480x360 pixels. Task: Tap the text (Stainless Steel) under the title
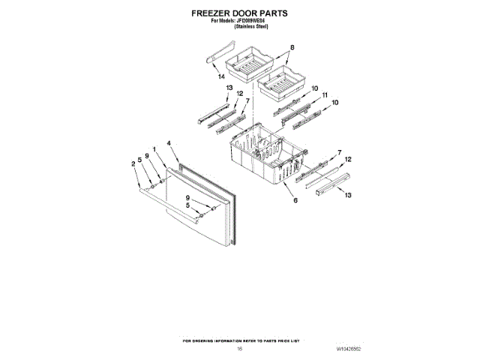tap(250, 26)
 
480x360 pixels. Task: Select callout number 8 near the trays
tap(292, 49)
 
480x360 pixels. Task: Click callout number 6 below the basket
tap(295, 200)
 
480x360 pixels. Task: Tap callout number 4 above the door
tap(169, 142)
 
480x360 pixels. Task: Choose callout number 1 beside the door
tap(154, 150)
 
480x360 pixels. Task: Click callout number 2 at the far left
tap(133, 164)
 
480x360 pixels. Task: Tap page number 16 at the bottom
tap(240, 349)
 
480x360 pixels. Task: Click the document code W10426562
tap(348, 349)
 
